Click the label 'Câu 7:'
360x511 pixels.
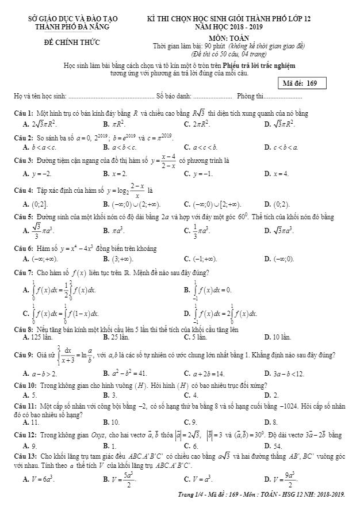(x=24, y=272)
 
